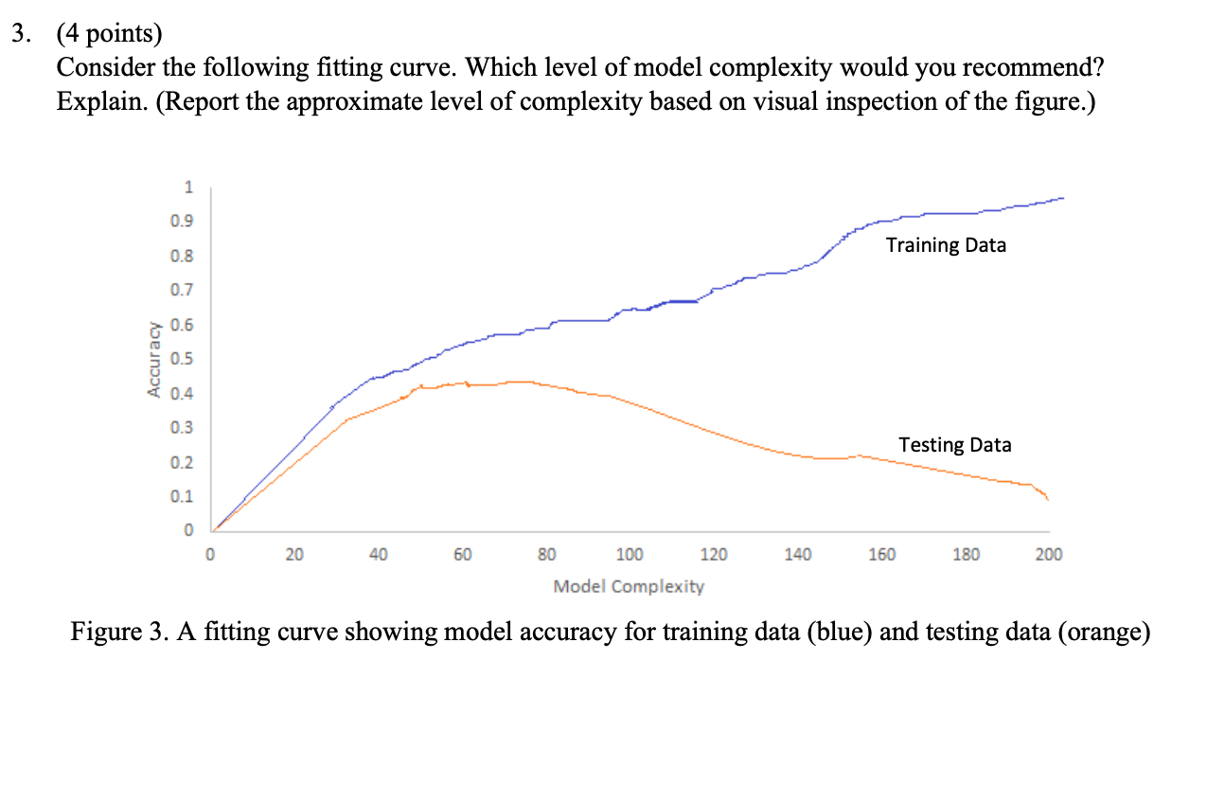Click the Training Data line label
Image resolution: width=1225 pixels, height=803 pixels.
point(946,245)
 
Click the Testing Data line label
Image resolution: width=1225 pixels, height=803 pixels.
point(954,444)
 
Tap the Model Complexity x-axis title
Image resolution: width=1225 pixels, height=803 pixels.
point(629,586)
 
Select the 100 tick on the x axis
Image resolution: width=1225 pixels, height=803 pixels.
point(630,555)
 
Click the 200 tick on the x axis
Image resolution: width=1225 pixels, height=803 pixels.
point(1049,555)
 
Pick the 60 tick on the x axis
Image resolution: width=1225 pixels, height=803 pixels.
point(462,555)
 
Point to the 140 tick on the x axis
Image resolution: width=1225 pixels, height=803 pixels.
point(797,555)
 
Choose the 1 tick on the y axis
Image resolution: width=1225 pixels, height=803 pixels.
point(187,188)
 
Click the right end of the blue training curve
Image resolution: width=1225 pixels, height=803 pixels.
point(1063,198)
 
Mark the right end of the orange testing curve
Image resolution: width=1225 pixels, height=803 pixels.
point(1048,499)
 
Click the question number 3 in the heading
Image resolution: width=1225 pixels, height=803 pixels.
point(18,35)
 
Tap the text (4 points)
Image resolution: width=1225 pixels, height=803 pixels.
point(109,35)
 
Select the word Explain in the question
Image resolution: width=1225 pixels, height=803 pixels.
point(94,101)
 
